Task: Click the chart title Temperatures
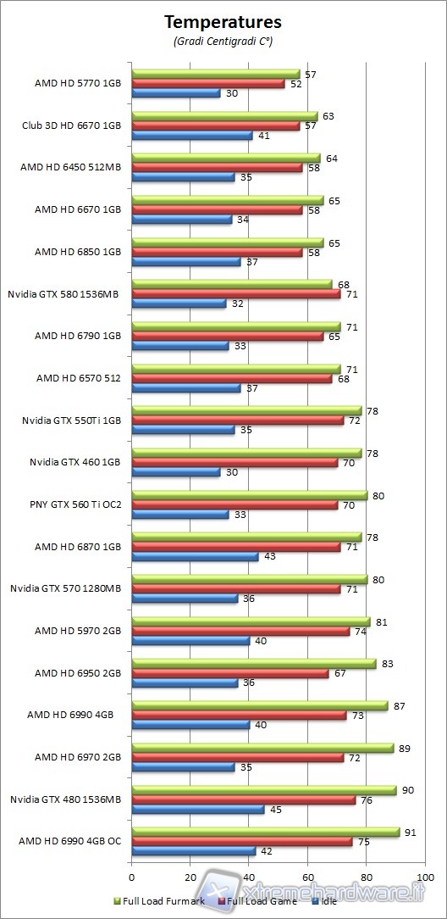223,22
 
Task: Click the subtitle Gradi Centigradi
223,41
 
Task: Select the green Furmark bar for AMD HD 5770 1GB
216,74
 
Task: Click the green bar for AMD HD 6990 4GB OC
265,832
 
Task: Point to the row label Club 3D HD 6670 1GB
72,125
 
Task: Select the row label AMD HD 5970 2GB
78,631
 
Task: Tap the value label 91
410,832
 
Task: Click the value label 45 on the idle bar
274,809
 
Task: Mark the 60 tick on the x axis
307,877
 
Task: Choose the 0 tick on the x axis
132,877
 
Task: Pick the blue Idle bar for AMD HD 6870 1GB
195,556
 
